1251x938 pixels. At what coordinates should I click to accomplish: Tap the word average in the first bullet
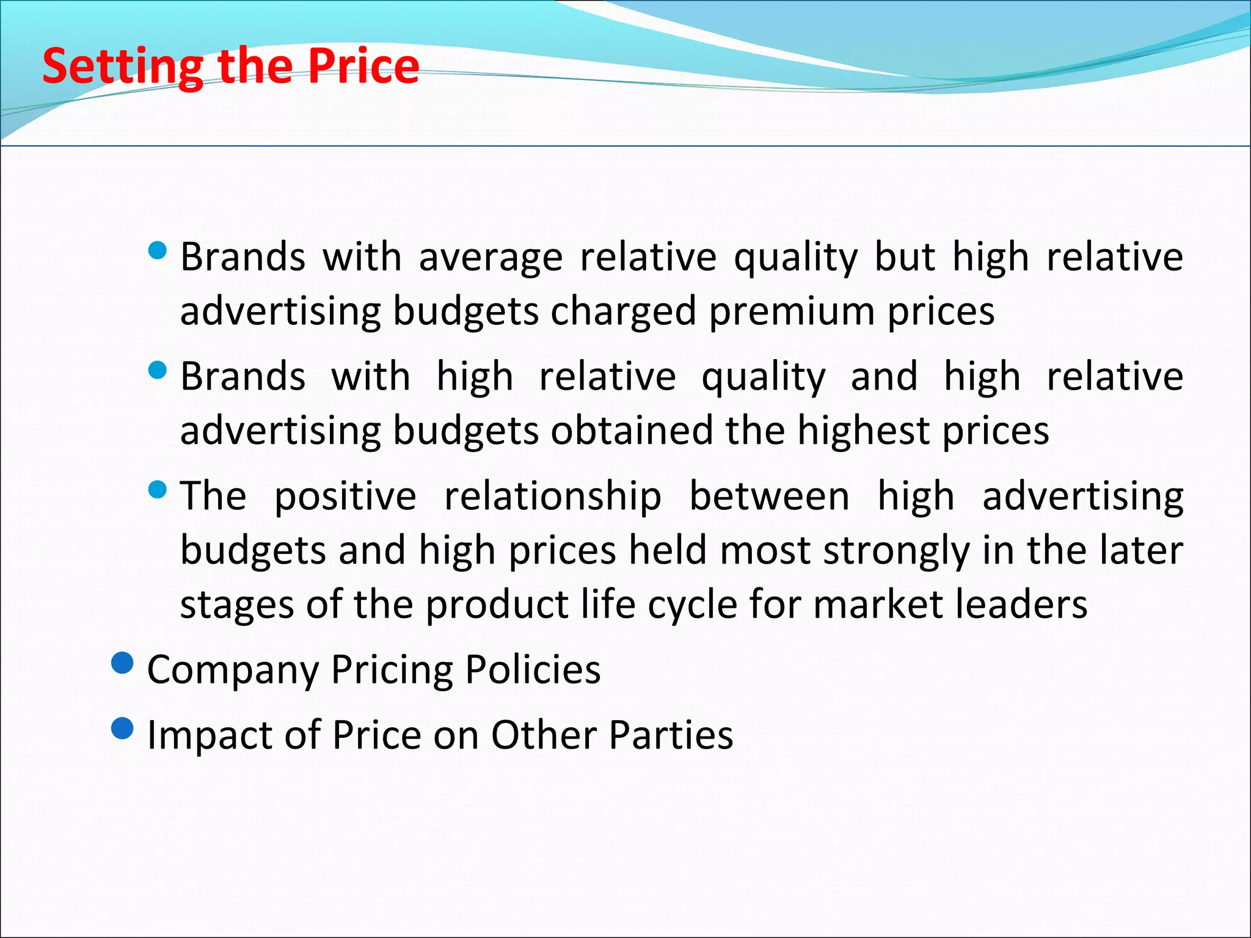[490, 257]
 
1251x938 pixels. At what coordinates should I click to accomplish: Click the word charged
[623, 311]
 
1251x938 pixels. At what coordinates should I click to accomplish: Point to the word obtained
[632, 431]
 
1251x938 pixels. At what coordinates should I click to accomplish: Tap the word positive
[345, 496]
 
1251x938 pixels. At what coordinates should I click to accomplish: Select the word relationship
[552, 496]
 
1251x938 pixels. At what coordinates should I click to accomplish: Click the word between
[769, 496]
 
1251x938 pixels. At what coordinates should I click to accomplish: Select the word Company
[233, 671]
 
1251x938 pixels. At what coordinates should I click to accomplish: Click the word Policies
[533, 670]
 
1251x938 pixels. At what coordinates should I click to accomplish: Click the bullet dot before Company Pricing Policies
[123, 663]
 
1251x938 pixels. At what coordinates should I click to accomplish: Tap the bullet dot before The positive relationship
[158, 490]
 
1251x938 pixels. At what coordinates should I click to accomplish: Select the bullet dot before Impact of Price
[123, 728]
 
